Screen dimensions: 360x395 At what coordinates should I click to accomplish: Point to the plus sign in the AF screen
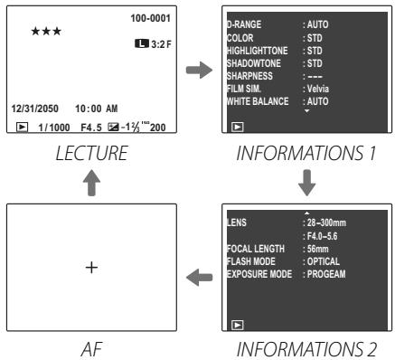click(86, 269)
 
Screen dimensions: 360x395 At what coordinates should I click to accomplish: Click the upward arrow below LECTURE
click(86, 185)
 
